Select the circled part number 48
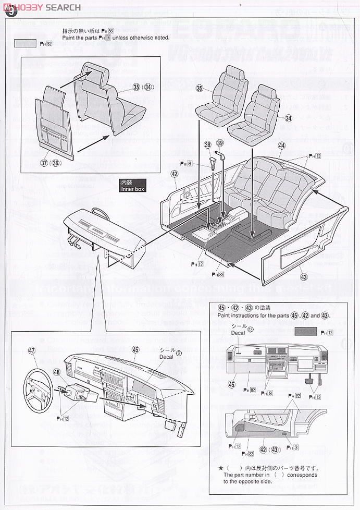point(56,373)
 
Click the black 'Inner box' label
point(131,186)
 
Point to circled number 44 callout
point(282,145)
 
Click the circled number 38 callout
point(208,144)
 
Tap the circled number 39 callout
point(220,143)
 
